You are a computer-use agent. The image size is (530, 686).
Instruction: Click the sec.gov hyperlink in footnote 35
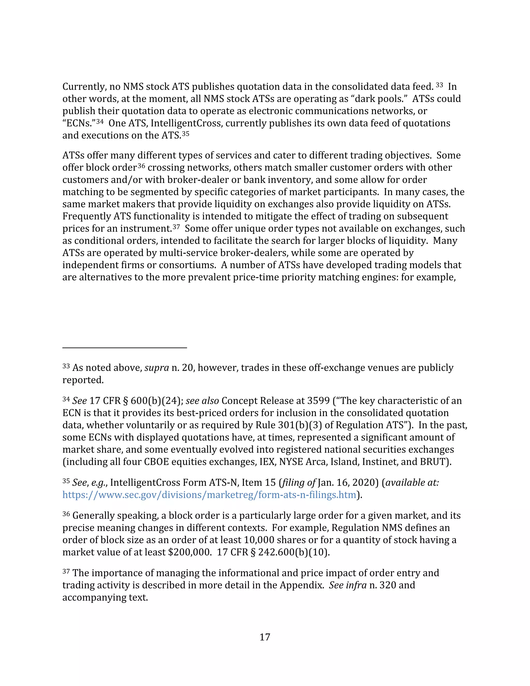[209, 495]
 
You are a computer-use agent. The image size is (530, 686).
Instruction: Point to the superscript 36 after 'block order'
[141, 165]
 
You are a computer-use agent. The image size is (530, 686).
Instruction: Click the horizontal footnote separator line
[125, 348]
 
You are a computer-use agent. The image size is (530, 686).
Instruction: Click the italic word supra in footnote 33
[157, 368]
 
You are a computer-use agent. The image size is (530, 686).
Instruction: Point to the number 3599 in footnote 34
[318, 401]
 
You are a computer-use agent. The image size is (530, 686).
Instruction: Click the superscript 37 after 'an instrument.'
[176, 227]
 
